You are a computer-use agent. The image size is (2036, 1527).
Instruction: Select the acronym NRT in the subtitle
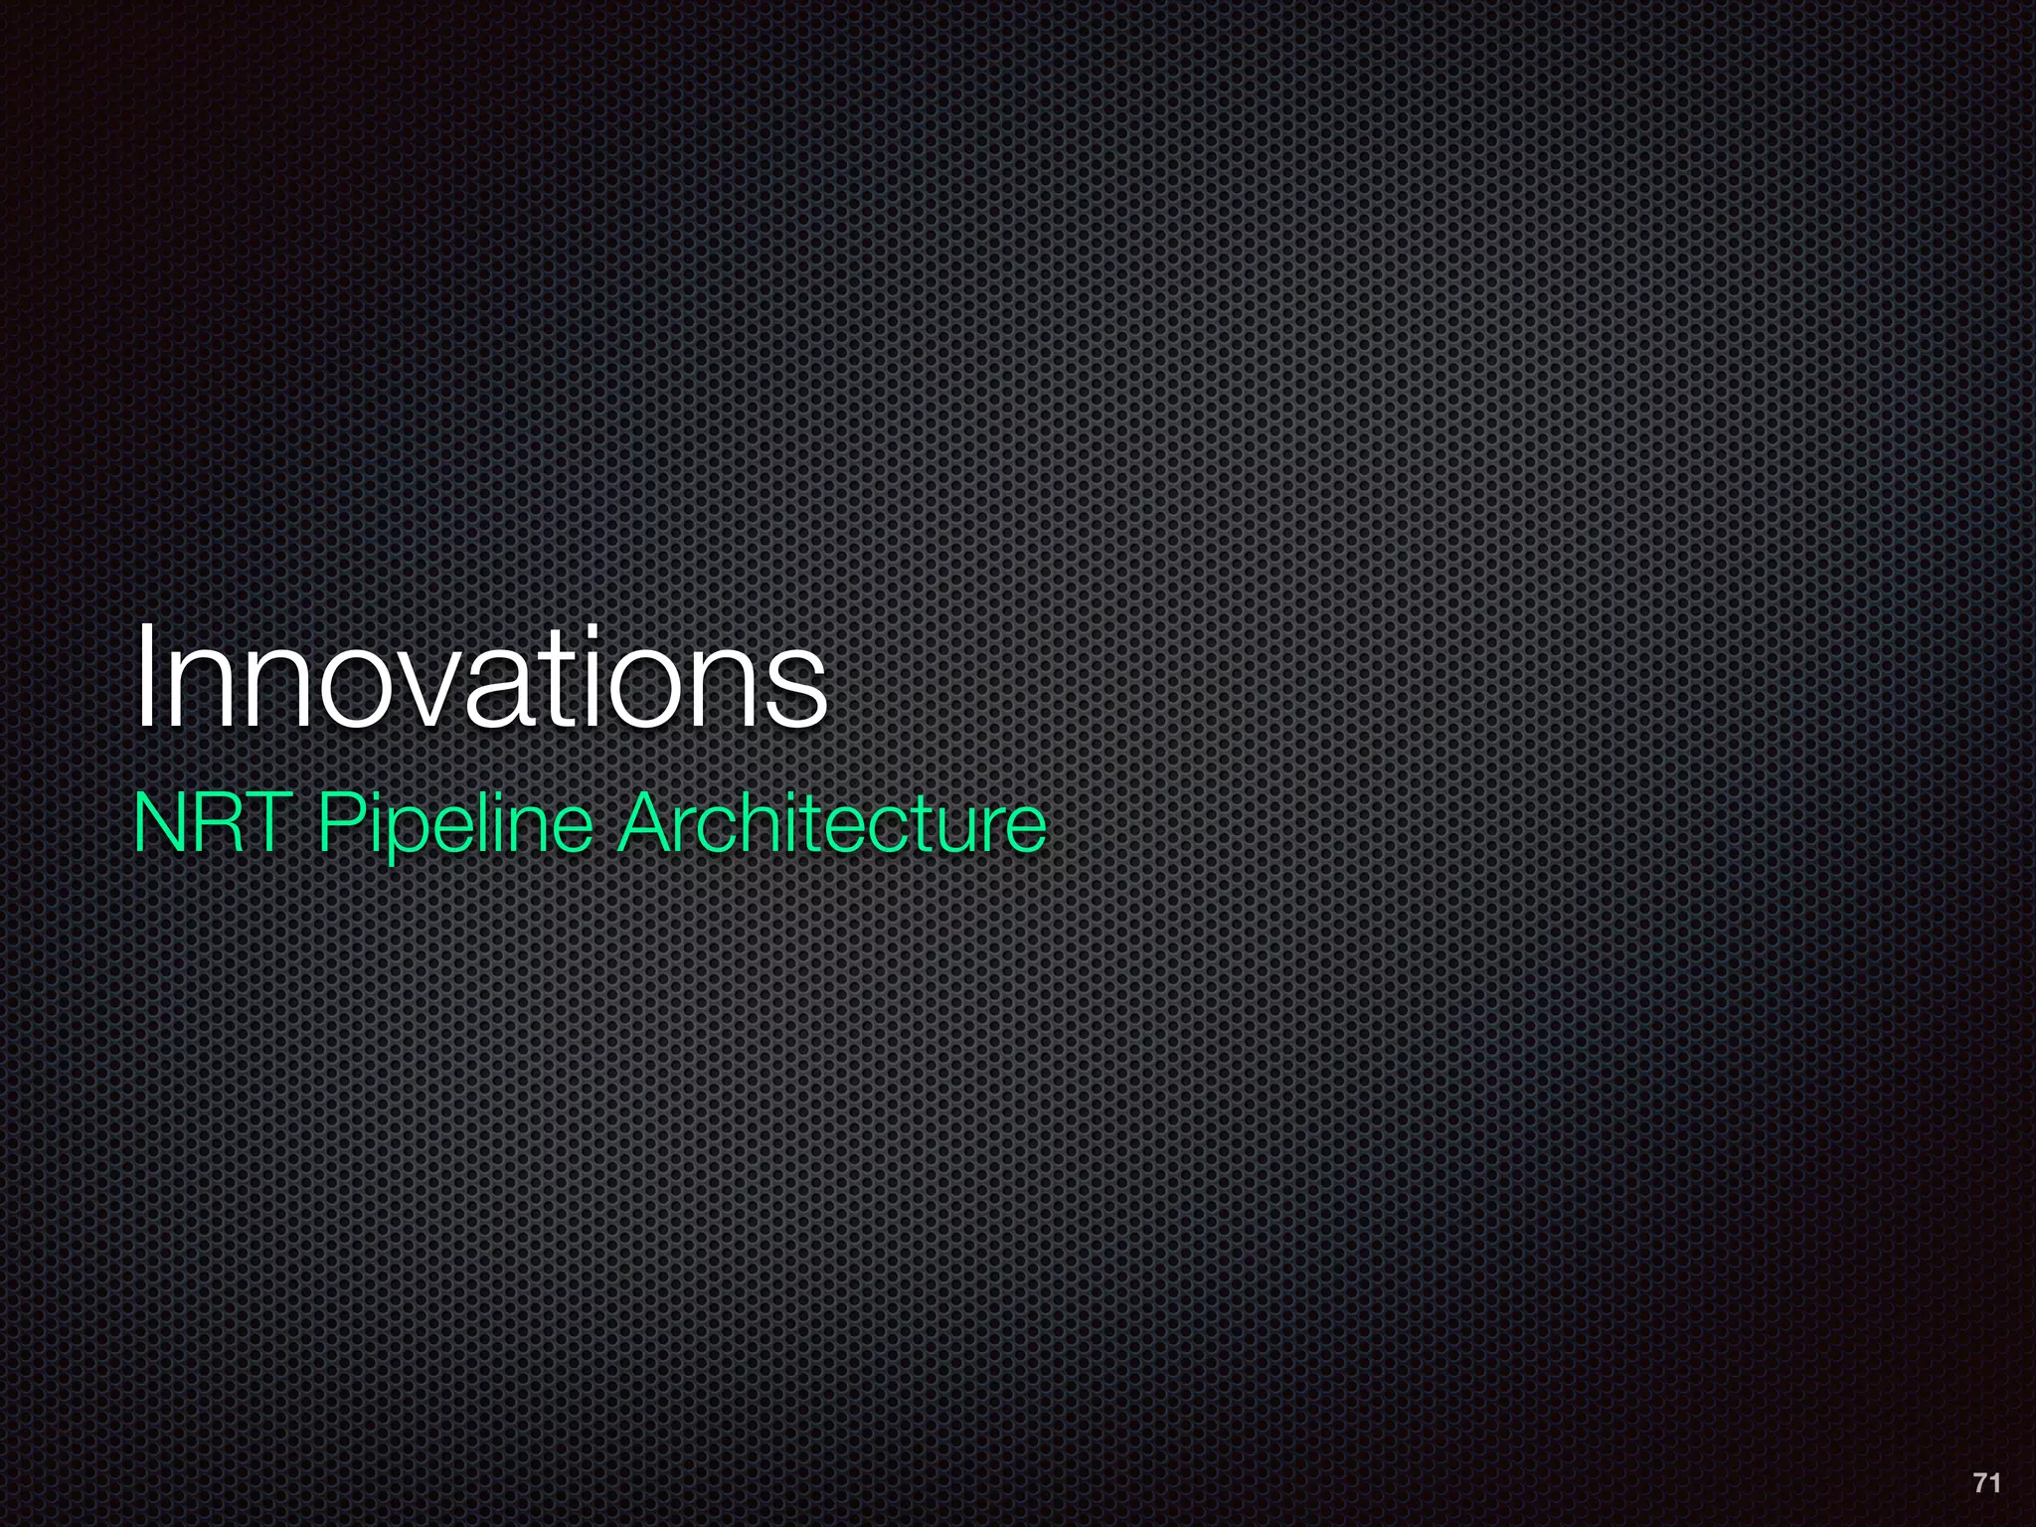(219, 823)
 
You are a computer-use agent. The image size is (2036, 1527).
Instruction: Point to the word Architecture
(831, 823)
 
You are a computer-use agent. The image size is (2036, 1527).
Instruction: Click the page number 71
(1986, 1483)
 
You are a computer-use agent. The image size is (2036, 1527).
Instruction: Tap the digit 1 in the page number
(1994, 1483)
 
